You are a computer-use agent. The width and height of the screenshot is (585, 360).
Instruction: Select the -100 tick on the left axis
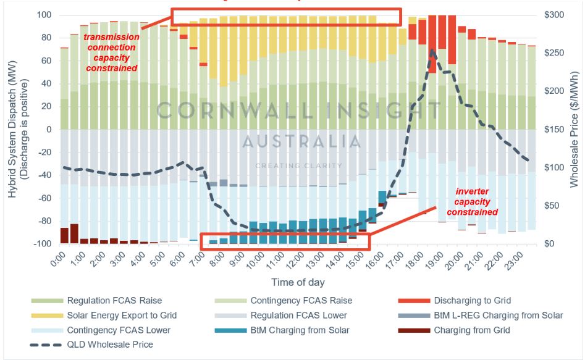click(x=41, y=244)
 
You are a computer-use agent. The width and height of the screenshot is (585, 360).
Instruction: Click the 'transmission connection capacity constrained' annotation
click(x=111, y=52)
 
